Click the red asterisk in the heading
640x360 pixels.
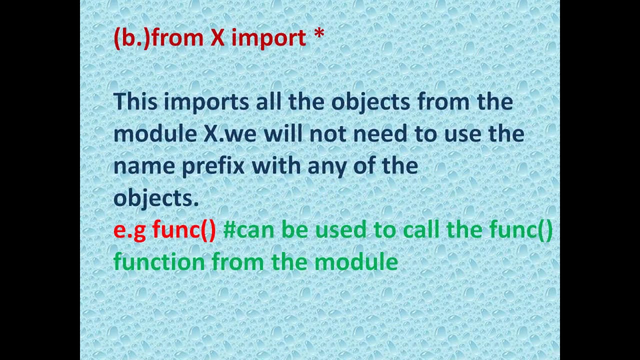point(319,34)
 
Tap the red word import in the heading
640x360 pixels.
point(268,38)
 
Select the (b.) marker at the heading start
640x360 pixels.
point(131,38)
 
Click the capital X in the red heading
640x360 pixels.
point(217,38)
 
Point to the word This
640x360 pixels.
point(135,101)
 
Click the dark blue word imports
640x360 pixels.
point(206,102)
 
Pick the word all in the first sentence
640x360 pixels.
point(268,101)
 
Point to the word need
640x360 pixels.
point(377,133)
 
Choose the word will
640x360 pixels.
point(283,133)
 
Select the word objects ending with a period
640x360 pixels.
point(156,198)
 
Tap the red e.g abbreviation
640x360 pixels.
point(129,230)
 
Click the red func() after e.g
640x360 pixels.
point(184,230)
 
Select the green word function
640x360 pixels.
point(159,262)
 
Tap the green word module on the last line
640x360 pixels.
point(356,262)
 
